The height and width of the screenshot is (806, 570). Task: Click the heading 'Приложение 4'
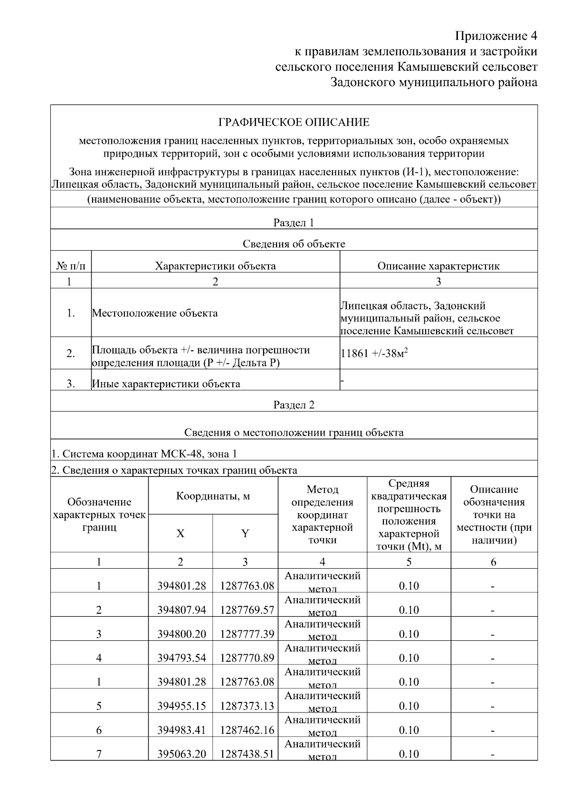[x=496, y=36]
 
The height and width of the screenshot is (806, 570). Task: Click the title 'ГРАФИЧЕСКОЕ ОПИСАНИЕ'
[x=294, y=123]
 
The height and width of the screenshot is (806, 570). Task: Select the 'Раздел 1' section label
[x=294, y=223]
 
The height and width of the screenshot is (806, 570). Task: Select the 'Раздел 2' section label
[x=294, y=405]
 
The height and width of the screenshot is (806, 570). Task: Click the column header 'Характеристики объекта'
[x=215, y=266]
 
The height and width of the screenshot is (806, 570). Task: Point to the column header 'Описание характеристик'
[x=438, y=266]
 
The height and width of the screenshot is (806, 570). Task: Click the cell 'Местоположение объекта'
[x=155, y=313]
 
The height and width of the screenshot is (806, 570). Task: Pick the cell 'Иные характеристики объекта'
[x=166, y=384]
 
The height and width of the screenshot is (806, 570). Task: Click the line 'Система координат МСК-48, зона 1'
[x=144, y=454]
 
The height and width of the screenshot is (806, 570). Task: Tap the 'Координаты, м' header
[x=213, y=497]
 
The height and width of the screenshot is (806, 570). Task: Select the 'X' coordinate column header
[x=180, y=534]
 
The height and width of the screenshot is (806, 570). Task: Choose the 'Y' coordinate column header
[x=245, y=534]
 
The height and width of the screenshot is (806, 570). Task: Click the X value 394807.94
[x=181, y=610]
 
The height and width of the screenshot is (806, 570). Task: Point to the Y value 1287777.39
[x=247, y=634]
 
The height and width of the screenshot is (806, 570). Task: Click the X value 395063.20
[x=181, y=754]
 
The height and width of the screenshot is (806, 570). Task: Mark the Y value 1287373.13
[x=247, y=706]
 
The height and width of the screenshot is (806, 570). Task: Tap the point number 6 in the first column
[x=99, y=730]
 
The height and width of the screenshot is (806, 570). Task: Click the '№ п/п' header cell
[x=71, y=266]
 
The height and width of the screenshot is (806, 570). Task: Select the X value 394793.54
[x=181, y=658]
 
